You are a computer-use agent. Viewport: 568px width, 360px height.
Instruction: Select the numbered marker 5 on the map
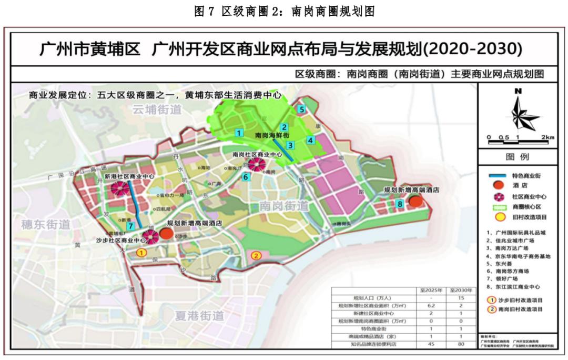301,109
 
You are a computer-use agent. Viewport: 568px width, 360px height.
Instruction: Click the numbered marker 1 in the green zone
239,133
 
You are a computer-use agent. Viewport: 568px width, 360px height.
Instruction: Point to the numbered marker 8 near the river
400,204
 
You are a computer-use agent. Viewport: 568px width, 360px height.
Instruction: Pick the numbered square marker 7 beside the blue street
130,225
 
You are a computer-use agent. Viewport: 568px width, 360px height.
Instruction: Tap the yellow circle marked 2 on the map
256,256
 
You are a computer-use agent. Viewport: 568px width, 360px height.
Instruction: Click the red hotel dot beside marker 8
416,201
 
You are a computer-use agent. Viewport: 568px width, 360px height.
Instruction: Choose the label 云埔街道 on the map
157,109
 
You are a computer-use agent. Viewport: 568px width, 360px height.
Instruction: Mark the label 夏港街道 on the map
199,316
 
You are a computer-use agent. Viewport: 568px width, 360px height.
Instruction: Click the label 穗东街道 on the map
46,225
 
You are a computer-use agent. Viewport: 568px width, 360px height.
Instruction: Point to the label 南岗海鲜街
271,136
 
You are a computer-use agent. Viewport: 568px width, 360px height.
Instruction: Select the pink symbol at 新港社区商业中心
119,189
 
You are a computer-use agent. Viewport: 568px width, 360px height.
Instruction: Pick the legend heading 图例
518,157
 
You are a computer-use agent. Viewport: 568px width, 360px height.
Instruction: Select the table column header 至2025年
431,290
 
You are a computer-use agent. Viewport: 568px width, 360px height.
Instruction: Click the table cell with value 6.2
431,306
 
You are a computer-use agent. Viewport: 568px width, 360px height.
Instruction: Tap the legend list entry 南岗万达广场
513,248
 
